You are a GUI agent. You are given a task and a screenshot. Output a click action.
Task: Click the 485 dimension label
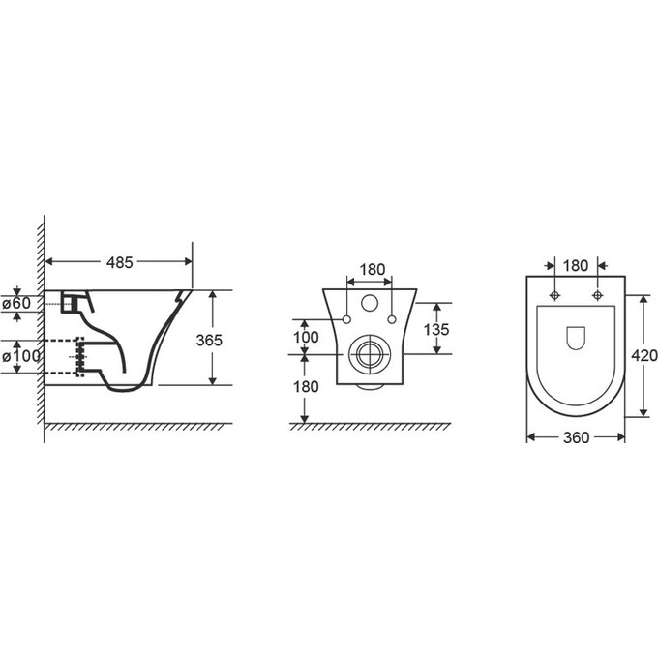(120, 262)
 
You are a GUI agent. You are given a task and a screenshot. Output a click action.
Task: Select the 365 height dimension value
(209, 341)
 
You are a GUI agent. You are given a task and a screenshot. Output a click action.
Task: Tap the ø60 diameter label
(16, 303)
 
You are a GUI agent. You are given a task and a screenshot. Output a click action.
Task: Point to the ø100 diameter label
(21, 356)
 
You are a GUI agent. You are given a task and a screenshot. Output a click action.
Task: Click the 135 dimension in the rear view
(436, 329)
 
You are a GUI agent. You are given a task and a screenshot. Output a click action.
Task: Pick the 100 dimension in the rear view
(306, 337)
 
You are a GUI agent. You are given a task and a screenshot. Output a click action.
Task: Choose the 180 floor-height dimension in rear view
(306, 386)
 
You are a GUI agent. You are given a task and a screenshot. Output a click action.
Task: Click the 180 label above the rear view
(373, 269)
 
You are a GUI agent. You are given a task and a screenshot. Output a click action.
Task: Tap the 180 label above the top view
(576, 266)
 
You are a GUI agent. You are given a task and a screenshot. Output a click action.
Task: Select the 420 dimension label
(644, 356)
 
